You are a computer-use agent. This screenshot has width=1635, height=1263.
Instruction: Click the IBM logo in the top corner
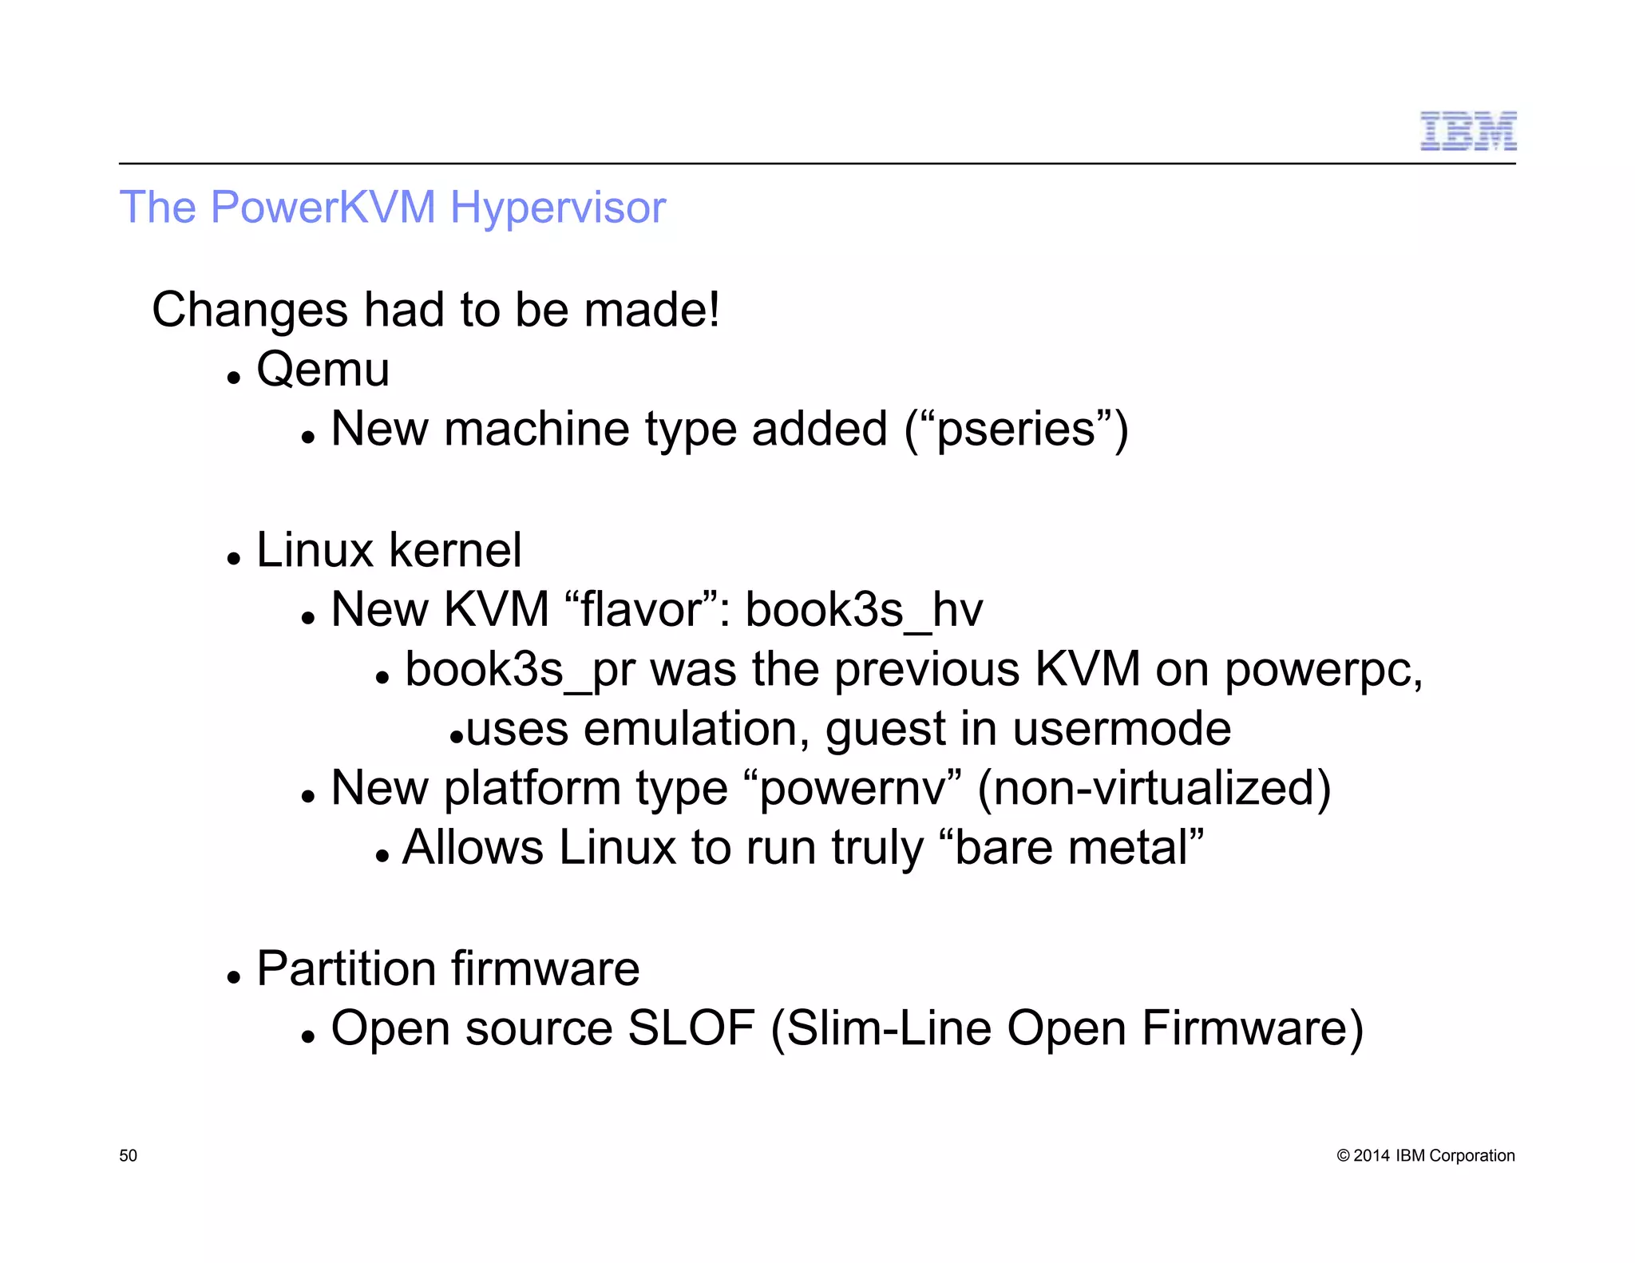[x=1467, y=132]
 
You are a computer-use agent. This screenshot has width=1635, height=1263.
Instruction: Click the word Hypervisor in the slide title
[x=557, y=208]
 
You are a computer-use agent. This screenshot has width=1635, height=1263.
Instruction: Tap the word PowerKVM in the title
[x=323, y=207]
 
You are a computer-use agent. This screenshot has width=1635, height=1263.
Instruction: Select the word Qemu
[x=323, y=370]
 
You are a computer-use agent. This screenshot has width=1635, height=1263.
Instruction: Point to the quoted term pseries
[x=1015, y=430]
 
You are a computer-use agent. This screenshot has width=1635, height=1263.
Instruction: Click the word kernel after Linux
[x=455, y=550]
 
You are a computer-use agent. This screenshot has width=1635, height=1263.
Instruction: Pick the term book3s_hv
[x=863, y=611]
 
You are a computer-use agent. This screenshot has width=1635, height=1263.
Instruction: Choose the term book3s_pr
[x=520, y=670]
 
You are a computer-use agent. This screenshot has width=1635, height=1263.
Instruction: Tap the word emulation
[x=695, y=729]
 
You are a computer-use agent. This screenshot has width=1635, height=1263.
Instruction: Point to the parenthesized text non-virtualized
[x=1154, y=789]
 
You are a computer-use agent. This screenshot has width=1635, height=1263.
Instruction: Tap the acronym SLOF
[x=691, y=1028]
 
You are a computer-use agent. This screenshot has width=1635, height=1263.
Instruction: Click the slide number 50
[x=128, y=1156]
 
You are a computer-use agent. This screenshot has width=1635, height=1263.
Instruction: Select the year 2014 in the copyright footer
[x=1371, y=1156]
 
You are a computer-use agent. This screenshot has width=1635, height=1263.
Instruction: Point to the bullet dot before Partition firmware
[x=233, y=976]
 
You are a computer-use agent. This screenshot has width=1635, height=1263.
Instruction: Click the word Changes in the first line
[x=250, y=311]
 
